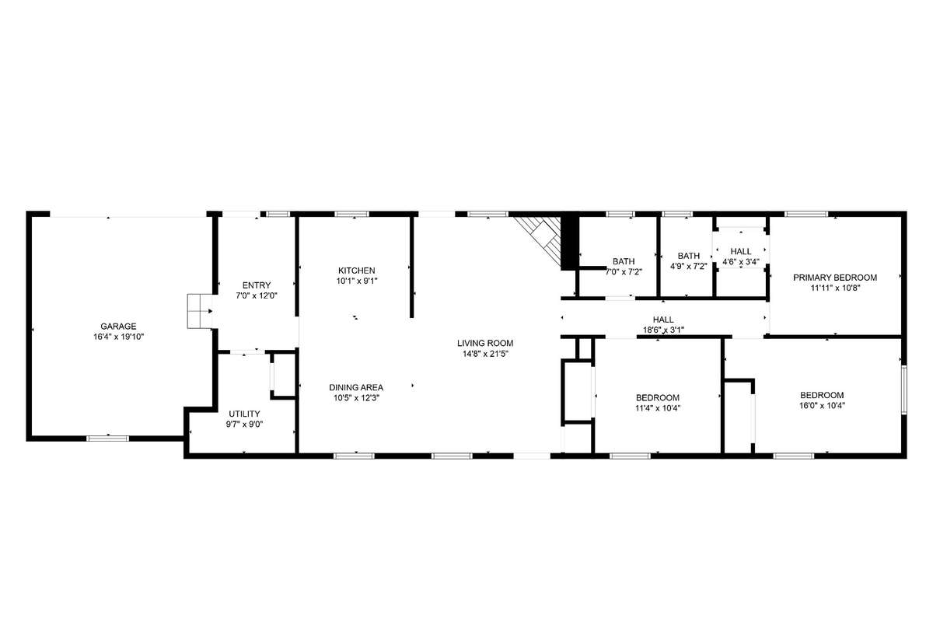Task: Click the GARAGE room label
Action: click(x=118, y=327)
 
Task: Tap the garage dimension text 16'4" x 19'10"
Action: click(x=119, y=337)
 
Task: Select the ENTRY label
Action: click(x=257, y=285)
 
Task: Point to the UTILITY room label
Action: click(x=244, y=414)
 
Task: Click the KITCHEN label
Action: click(x=357, y=271)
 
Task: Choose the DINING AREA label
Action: click(x=356, y=388)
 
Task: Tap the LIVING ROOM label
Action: click(x=485, y=343)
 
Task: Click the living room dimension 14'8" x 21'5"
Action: click(x=485, y=354)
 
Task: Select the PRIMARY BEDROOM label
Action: click(x=835, y=278)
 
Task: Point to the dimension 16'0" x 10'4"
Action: click(x=822, y=406)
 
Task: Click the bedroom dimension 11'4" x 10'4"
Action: click(x=658, y=408)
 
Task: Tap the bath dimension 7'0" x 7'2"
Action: click(x=624, y=272)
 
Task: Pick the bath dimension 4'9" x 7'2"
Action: click(x=689, y=267)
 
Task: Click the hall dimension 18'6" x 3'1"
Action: click(x=663, y=330)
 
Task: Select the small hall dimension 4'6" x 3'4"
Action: click(x=741, y=262)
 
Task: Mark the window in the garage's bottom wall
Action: click(x=108, y=439)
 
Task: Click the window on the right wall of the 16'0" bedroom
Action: click(x=904, y=390)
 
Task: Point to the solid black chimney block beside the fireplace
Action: click(x=570, y=242)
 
